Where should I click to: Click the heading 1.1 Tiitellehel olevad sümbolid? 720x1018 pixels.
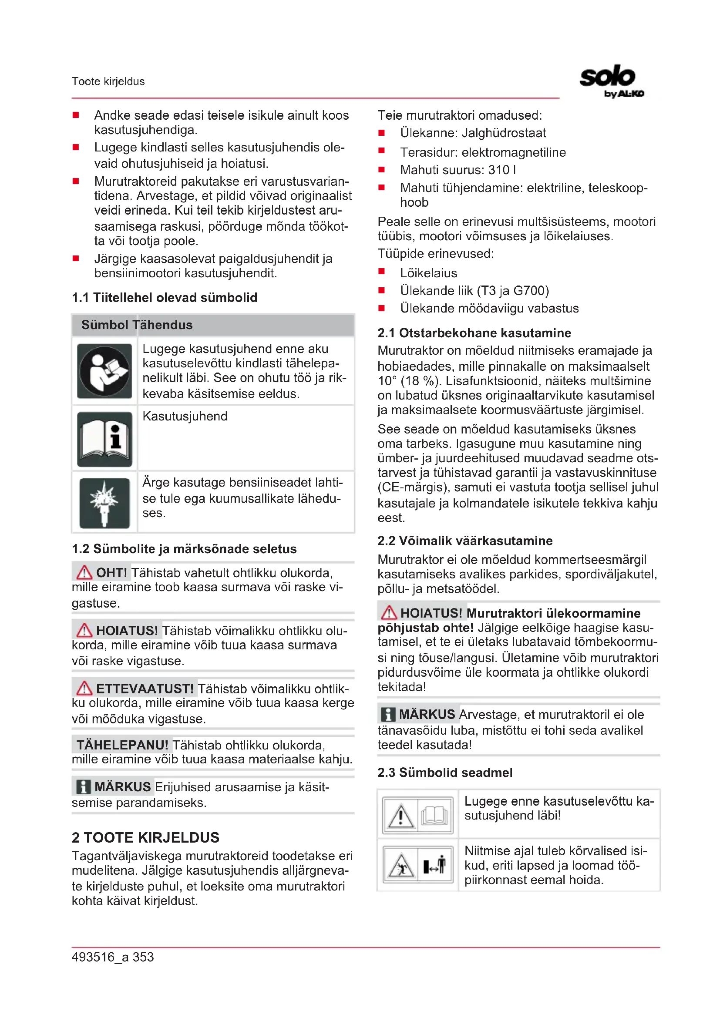coord(165,298)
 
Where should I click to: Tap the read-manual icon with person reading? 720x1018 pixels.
coord(104,371)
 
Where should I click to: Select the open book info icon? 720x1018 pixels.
coord(104,439)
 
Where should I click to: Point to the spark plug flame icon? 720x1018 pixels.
coord(104,503)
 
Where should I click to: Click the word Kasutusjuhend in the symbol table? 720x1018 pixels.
coord(185,417)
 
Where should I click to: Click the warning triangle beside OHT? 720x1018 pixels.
coord(84,572)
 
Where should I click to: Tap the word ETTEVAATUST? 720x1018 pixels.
coord(145,689)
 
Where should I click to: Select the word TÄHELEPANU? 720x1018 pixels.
coord(122,745)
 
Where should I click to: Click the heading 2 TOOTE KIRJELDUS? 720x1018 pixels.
coord(145,837)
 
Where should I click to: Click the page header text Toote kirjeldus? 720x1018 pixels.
coord(108,81)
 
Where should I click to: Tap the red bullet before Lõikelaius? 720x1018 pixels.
coord(381,272)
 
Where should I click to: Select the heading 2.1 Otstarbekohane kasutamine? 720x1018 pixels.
coord(474,333)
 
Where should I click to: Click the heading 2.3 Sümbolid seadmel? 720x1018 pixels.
coord(445,773)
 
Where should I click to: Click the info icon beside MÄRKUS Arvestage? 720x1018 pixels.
coord(387,714)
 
